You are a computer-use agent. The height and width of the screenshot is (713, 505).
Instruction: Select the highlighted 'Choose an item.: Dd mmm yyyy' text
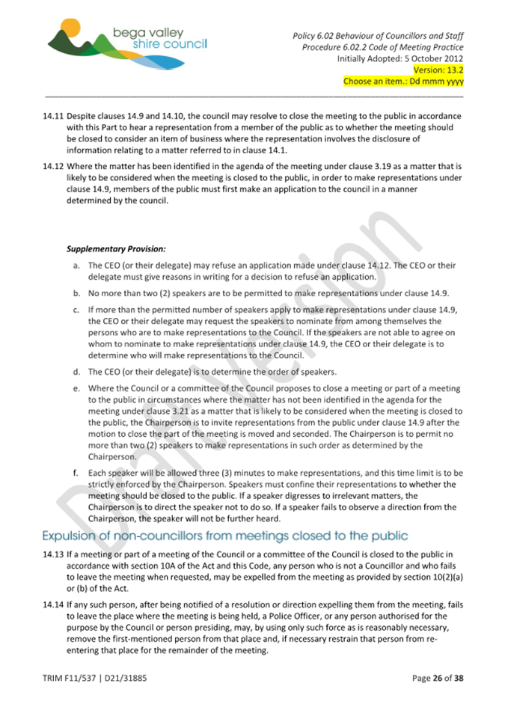coord(403,82)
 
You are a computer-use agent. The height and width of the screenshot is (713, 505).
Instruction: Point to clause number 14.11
coord(53,117)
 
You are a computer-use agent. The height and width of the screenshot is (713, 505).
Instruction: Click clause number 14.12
coord(53,169)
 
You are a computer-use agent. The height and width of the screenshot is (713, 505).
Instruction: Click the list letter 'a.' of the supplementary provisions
coord(76,266)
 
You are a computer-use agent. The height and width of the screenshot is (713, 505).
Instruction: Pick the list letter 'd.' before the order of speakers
coord(76,371)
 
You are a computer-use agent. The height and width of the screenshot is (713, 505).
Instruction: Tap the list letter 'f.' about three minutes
coord(76,474)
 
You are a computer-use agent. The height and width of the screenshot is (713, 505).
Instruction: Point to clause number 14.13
coord(53,554)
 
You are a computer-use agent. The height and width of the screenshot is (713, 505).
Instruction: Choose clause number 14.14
coord(53,604)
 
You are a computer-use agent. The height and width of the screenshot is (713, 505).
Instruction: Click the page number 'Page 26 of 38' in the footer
coord(438,679)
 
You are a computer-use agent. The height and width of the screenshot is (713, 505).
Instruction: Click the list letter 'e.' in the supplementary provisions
coord(76,389)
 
